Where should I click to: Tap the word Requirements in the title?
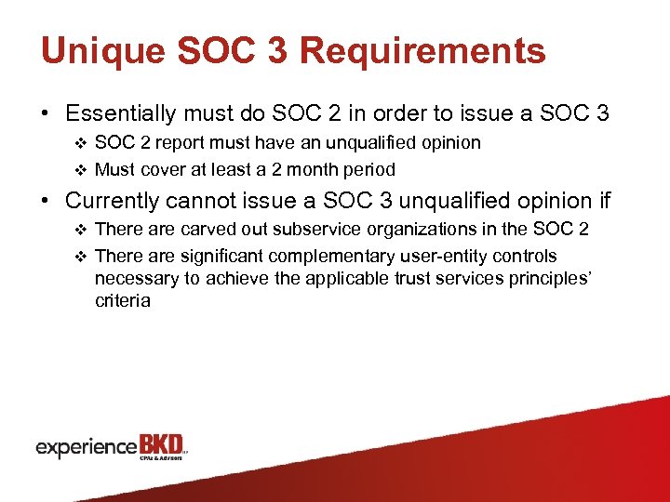click(x=423, y=51)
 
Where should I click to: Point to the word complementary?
click(x=348, y=256)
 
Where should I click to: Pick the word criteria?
click(x=122, y=301)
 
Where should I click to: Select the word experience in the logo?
click(x=87, y=447)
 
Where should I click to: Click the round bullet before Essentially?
click(x=45, y=114)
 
